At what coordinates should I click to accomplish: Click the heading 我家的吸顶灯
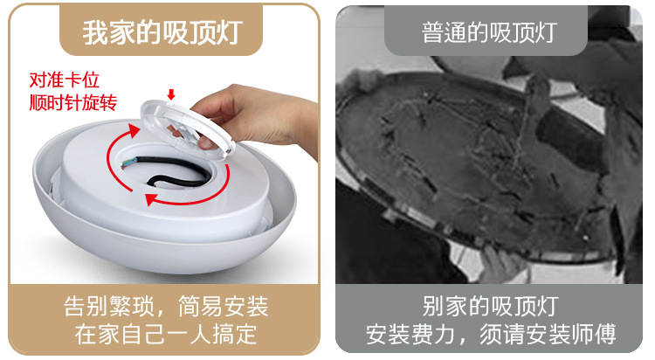pos(162,32)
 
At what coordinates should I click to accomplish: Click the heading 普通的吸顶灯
pos(489,32)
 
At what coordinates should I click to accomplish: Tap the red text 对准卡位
pos(65,80)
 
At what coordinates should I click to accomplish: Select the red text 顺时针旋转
pos(73,102)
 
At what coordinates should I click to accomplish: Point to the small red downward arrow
pos(171,94)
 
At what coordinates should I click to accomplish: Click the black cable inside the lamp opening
pos(176,170)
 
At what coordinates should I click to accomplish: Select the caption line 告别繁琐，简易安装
pos(166,306)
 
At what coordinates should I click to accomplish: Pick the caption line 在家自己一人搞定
pos(166,334)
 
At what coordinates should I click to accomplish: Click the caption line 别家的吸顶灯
pos(490,306)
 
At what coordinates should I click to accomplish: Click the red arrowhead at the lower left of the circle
pos(151,199)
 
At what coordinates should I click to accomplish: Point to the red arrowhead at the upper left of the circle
pos(134,130)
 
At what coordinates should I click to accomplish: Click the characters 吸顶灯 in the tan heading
pos(203,32)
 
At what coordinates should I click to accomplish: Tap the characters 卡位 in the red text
pos(82,80)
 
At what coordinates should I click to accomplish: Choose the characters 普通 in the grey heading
pos(444,32)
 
